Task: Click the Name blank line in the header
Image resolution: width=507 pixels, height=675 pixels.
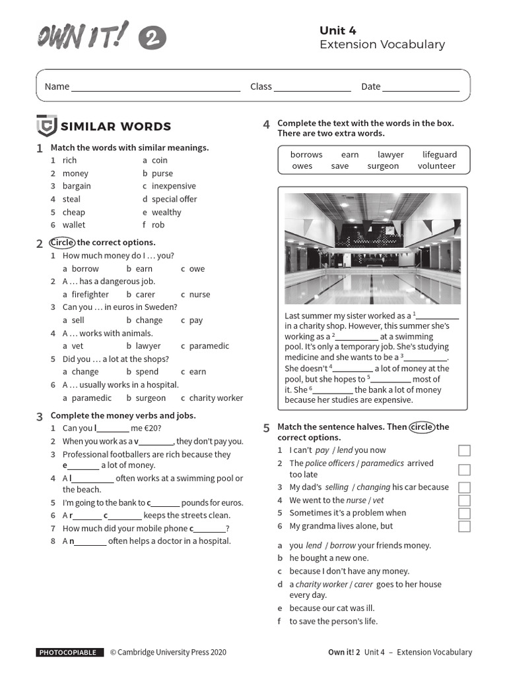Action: pos(156,88)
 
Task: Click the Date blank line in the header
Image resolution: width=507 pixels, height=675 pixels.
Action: pos(421,88)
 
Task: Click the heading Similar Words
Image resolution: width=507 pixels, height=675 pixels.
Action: pos(116,127)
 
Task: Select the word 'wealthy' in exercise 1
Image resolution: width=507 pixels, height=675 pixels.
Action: pos(166,212)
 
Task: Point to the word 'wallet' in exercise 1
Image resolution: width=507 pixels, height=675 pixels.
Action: pos(74,225)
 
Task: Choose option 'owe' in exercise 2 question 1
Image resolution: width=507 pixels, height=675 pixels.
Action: pos(197,269)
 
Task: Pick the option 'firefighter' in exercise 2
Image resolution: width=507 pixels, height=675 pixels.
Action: pos(86,295)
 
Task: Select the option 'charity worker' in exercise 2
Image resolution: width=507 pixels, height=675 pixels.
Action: pos(216,398)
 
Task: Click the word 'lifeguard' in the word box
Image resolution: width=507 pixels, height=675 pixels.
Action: pos(439,155)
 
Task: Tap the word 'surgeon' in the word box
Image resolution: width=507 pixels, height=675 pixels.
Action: pos(383,166)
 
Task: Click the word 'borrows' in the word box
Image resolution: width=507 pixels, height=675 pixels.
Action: pos(306,155)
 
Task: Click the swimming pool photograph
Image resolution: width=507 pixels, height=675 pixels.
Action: pos(372,249)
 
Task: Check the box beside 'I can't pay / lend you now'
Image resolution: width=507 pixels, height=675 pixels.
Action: pos(464,451)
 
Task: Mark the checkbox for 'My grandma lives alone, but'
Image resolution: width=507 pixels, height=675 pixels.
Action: pos(464,526)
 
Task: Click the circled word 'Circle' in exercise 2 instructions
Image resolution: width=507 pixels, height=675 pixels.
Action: pos(62,243)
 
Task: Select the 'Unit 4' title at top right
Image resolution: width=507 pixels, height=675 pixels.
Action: pos(337,30)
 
